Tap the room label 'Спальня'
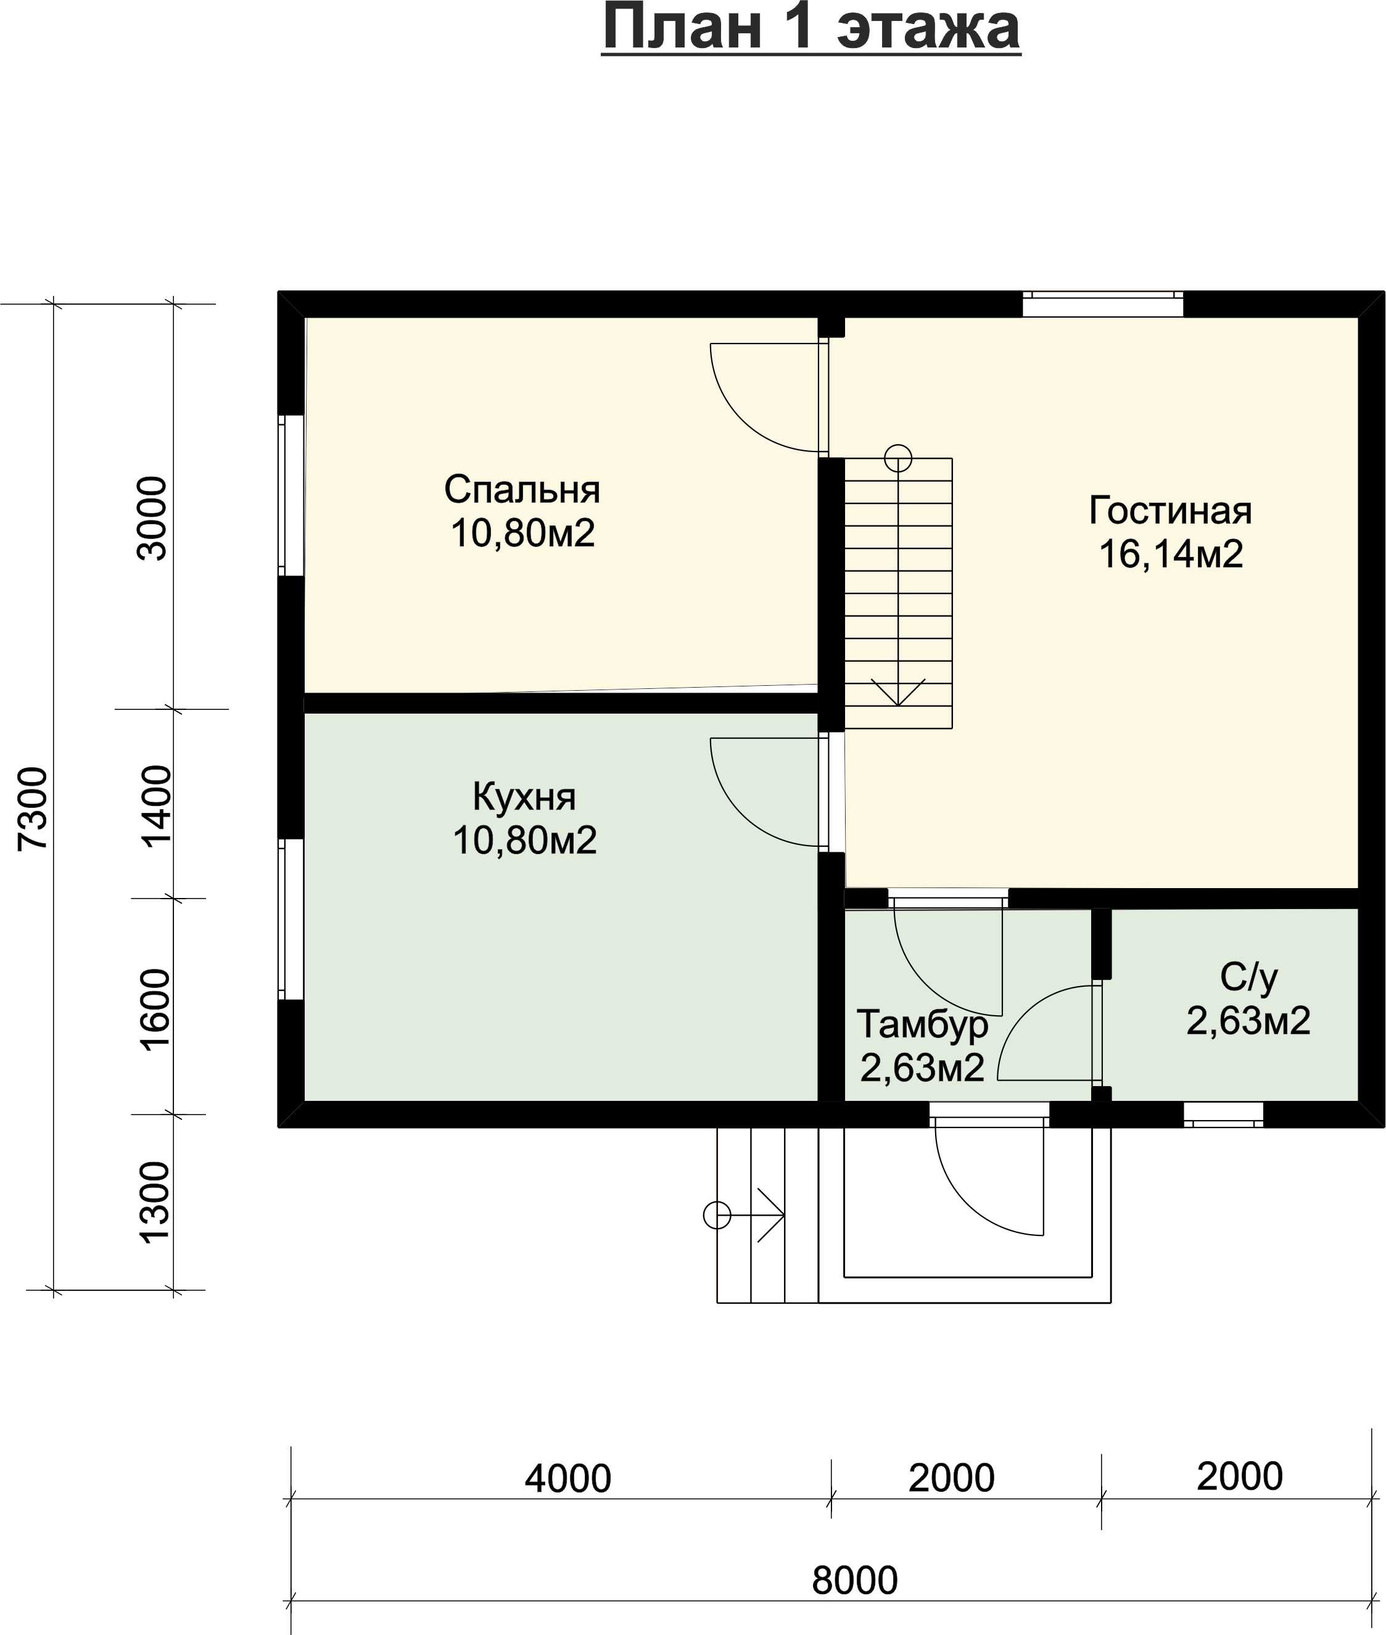[x=522, y=490]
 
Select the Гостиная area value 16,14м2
[x=1171, y=554]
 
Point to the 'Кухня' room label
[x=524, y=797]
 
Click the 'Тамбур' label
[x=922, y=1024]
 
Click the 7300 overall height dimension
[x=33, y=809]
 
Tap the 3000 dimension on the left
[x=152, y=519]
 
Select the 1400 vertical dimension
[x=155, y=806]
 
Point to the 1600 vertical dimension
[x=155, y=1010]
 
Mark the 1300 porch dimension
[x=154, y=1203]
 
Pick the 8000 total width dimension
[x=855, y=1581]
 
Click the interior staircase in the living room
[x=898, y=593]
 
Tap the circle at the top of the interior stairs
[x=898, y=458]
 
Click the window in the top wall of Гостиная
[x=1102, y=304]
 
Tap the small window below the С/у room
[x=1223, y=1114]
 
